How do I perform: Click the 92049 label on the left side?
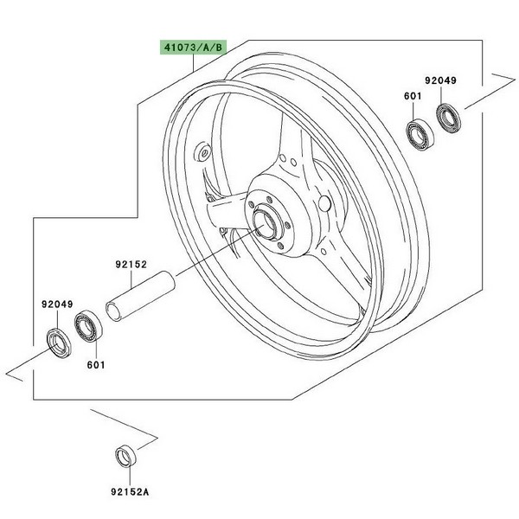point(57,304)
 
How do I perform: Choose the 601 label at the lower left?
point(95,363)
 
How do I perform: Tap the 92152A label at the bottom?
point(130,489)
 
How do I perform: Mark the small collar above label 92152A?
point(125,456)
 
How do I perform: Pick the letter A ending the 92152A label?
point(145,489)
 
